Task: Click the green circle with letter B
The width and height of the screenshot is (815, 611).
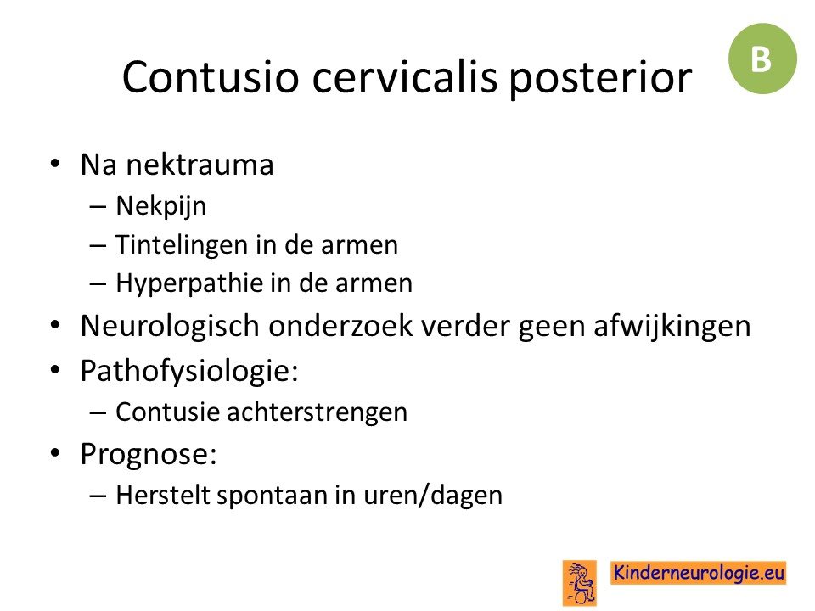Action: (762, 59)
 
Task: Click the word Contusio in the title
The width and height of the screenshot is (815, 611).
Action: (211, 77)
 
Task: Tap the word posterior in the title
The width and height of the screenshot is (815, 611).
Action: (600, 79)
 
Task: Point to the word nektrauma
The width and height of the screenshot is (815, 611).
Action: (200, 165)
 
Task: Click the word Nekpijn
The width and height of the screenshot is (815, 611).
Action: (161, 206)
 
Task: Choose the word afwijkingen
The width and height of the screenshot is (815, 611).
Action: (672, 327)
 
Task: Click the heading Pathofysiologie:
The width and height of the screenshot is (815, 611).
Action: (189, 372)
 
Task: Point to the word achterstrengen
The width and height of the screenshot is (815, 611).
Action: (317, 412)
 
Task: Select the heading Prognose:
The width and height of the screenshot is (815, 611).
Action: (149, 455)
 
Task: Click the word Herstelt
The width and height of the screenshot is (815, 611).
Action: (163, 495)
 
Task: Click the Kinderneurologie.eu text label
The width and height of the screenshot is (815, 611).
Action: (698, 573)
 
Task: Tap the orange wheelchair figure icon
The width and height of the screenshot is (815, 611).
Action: (580, 582)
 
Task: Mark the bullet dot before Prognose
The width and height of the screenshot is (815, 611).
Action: (55, 453)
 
